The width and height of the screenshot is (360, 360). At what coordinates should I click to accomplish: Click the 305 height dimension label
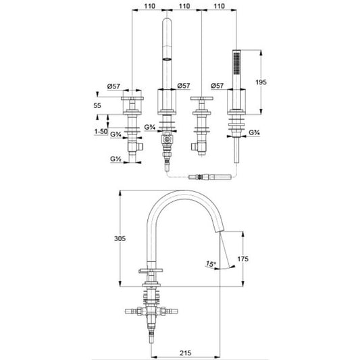[120, 239]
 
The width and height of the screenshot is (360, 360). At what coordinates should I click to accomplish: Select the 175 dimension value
[242, 259]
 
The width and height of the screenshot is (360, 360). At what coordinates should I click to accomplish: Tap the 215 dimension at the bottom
[185, 353]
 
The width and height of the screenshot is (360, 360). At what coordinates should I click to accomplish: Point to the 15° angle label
[211, 264]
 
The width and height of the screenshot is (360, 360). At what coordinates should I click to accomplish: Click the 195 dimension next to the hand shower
[261, 82]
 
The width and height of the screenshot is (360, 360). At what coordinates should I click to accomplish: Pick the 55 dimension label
[97, 105]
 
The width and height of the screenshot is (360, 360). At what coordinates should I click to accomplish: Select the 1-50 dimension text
[101, 132]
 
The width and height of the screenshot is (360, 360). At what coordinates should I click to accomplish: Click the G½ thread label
[116, 159]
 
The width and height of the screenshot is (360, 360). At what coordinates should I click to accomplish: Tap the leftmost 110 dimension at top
[150, 6]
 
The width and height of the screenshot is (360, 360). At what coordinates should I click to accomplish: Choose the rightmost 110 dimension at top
[219, 6]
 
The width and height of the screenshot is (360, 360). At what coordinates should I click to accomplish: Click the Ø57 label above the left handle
[113, 86]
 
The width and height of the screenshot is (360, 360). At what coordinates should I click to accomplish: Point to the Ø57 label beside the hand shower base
[217, 86]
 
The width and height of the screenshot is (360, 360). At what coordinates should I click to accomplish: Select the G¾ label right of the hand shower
[255, 132]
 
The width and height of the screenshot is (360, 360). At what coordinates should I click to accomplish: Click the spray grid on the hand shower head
[236, 63]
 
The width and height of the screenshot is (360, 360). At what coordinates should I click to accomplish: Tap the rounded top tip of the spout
[167, 19]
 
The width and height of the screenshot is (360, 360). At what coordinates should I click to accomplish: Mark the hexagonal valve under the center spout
[167, 139]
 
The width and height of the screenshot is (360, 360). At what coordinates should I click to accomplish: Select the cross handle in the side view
[151, 271]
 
